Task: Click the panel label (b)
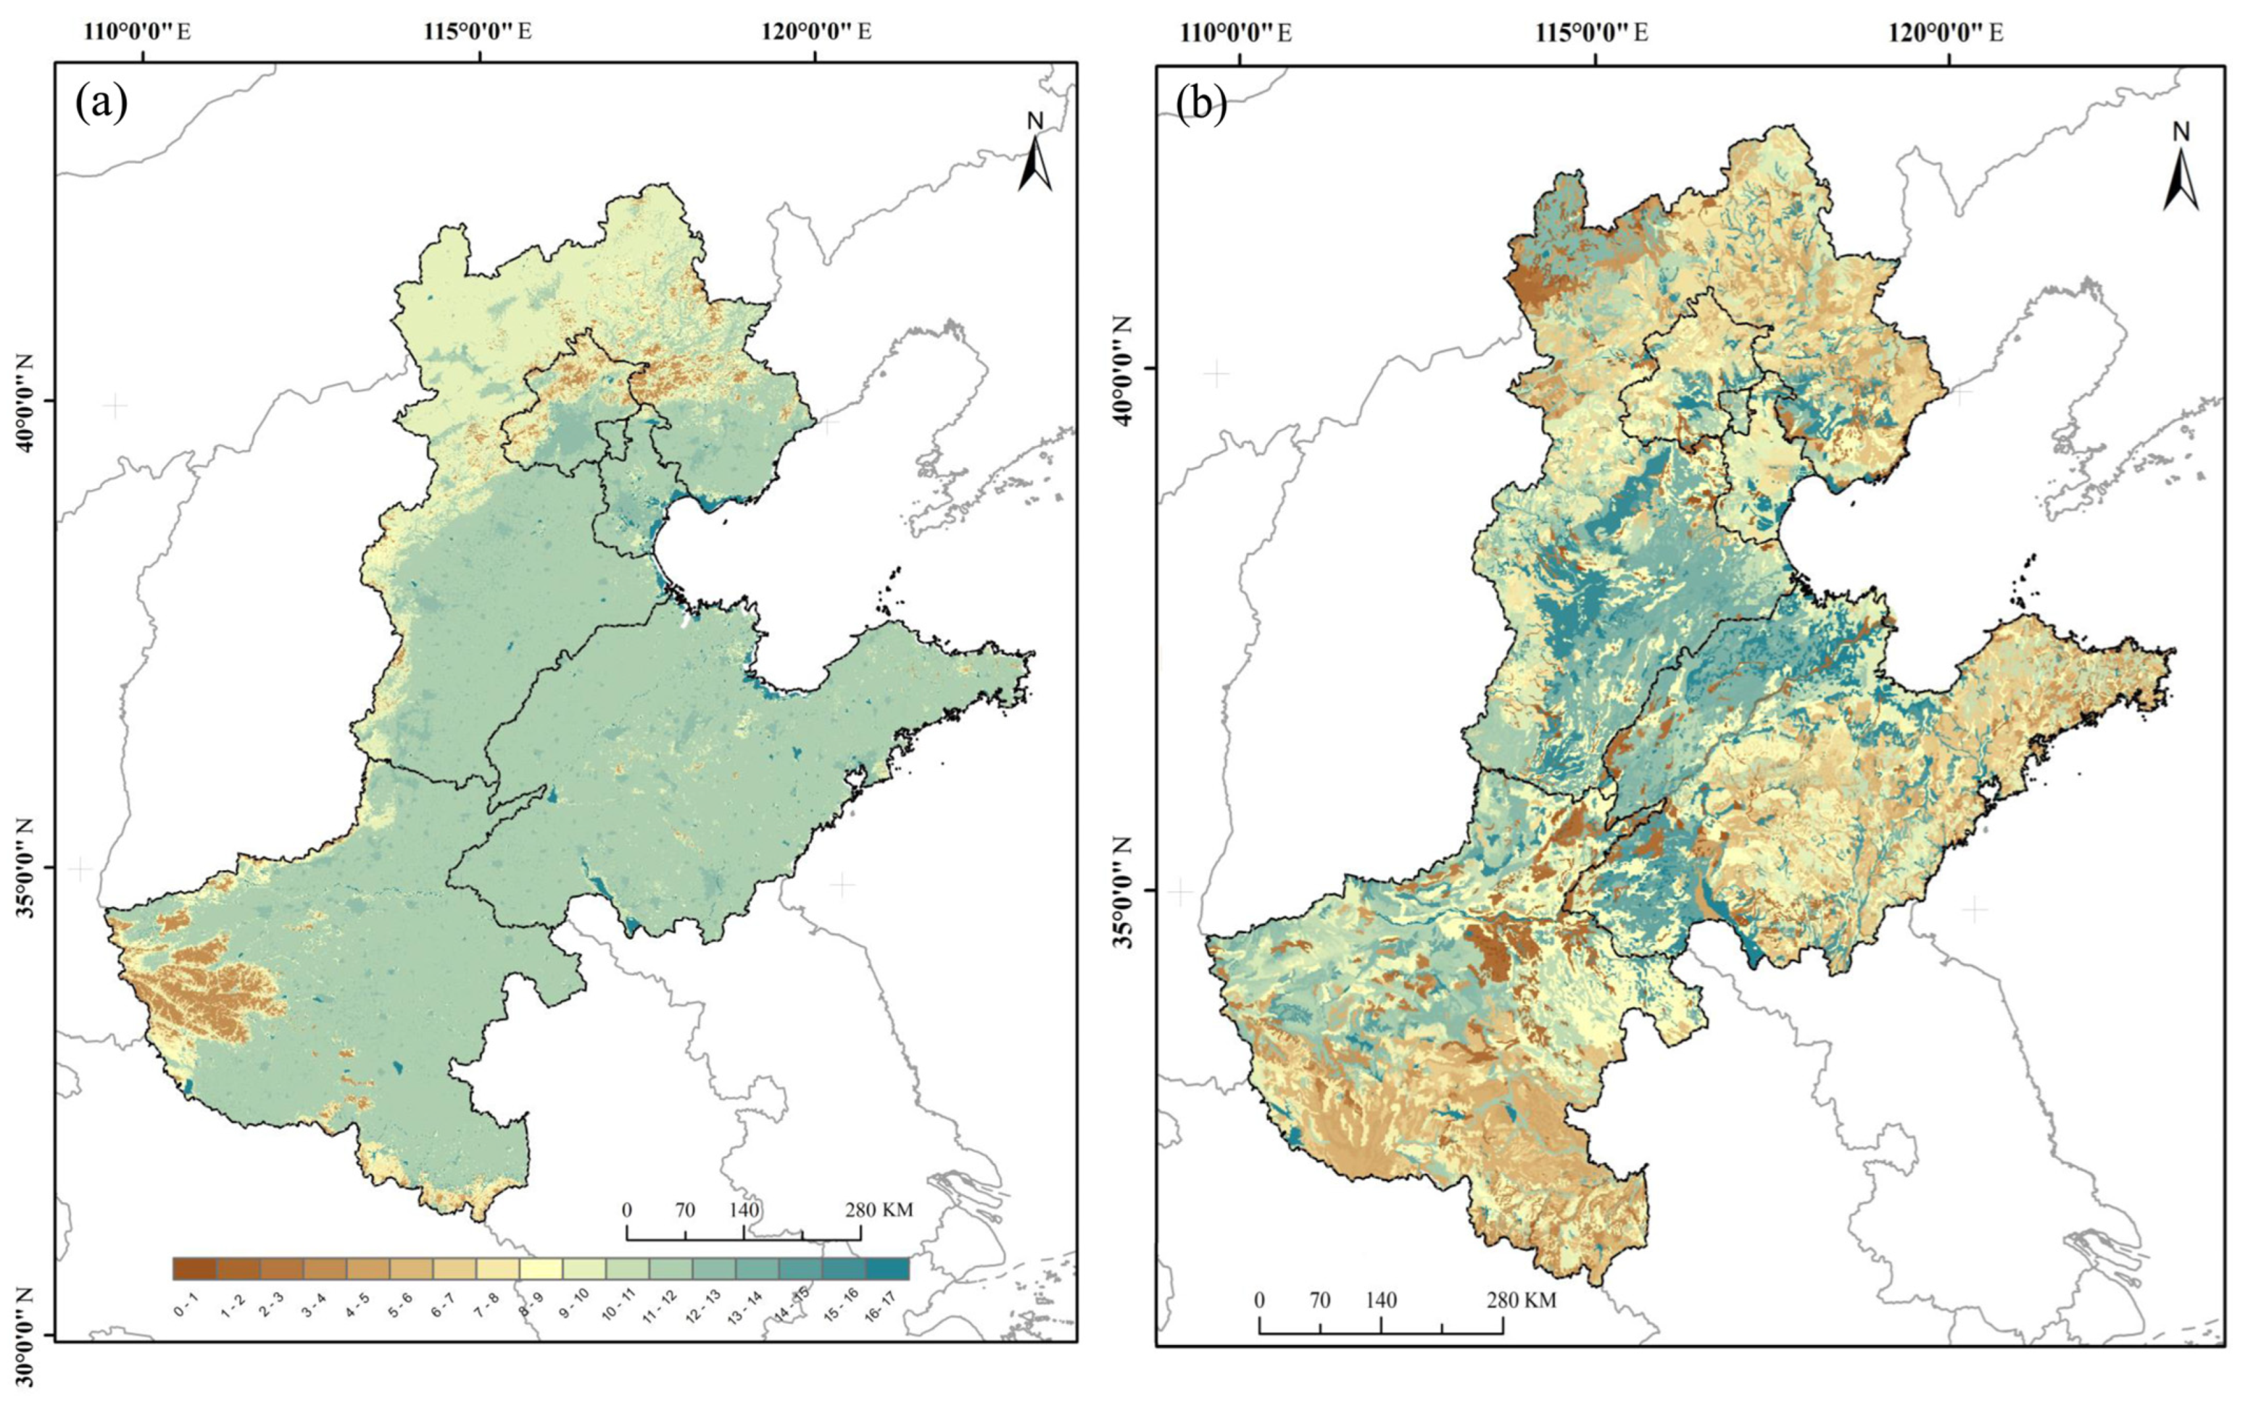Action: pyautogui.click(x=1201, y=105)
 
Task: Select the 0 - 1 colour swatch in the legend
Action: pyautogui.click(x=194, y=1269)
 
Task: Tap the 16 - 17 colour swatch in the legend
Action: pyautogui.click(x=887, y=1269)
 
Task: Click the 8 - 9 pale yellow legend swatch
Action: pyautogui.click(x=541, y=1269)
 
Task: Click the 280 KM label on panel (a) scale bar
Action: pyautogui.click(x=879, y=1210)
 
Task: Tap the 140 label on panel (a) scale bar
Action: pyautogui.click(x=744, y=1210)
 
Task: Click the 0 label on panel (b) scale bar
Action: pyautogui.click(x=1259, y=1300)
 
